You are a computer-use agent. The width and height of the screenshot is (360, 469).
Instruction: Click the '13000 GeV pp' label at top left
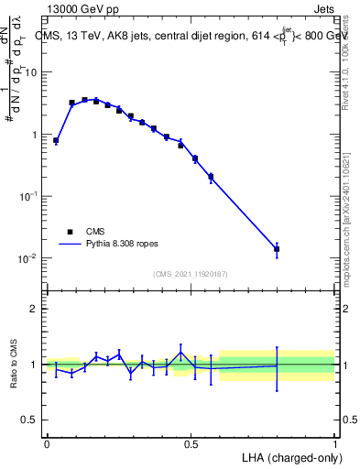click(x=82, y=9)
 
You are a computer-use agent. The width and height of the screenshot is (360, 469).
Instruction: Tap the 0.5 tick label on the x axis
click(x=191, y=444)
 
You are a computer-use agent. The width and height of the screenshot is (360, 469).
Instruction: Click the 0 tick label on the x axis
click(x=47, y=444)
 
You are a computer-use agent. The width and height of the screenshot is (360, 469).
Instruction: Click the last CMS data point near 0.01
click(x=277, y=249)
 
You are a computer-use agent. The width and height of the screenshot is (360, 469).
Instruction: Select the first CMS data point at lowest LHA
click(x=56, y=141)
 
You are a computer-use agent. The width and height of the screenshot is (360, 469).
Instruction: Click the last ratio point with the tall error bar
click(x=277, y=365)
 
